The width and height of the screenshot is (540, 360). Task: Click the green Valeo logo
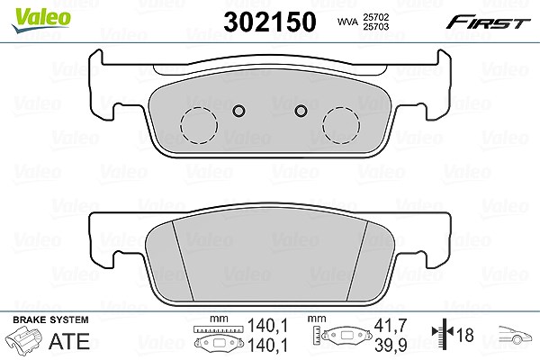coord(40,20)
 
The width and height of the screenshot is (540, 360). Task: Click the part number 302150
coord(270,22)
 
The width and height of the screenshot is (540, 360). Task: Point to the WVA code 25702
coord(375,17)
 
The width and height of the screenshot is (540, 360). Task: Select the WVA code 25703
coord(375,26)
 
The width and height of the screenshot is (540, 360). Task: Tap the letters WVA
coord(347,22)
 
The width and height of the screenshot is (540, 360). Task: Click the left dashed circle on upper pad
coord(199,125)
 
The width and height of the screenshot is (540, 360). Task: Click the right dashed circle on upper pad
coord(341,125)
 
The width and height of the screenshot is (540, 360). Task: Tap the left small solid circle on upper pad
coord(238,111)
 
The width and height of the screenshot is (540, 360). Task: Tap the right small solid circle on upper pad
coord(301,111)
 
